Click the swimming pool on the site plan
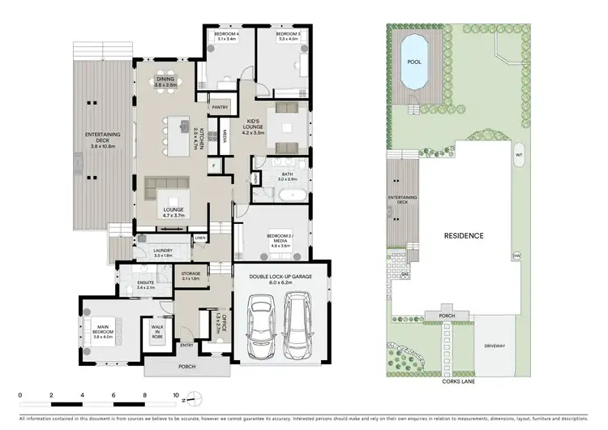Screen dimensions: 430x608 [415, 62]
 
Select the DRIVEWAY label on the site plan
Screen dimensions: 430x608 [496, 346]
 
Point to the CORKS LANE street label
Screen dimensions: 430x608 [457, 380]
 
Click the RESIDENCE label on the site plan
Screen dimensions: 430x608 [463, 236]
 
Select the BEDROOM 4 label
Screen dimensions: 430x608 [225, 36]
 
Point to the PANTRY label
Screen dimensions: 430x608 [219, 107]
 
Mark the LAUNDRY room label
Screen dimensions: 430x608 [163, 252]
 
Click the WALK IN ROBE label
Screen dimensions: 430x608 [157, 330]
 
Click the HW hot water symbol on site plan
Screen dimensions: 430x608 [516, 256]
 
